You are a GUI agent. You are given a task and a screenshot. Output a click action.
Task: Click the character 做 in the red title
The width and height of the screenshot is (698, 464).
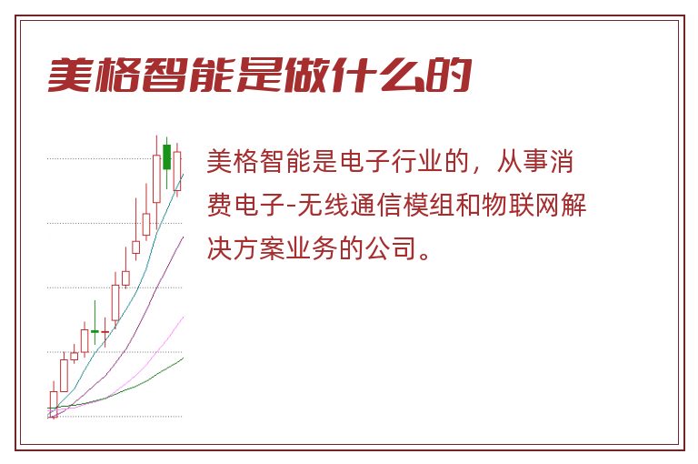pos(306,75)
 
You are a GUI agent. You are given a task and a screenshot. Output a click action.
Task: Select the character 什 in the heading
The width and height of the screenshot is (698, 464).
pos(354,75)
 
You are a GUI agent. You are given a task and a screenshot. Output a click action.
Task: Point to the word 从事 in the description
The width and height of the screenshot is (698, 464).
pos(523,161)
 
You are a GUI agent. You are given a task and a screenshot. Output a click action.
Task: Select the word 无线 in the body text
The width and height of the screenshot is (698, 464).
pos(324,205)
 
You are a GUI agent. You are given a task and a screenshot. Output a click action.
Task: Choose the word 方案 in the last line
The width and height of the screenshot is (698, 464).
pos(259,248)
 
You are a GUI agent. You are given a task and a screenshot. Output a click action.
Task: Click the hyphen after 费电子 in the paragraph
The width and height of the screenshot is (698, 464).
pos(292,207)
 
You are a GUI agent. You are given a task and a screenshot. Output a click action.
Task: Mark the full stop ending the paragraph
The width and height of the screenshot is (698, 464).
pos(425,256)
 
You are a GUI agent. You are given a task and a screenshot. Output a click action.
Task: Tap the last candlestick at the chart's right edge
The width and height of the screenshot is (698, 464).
pos(177,171)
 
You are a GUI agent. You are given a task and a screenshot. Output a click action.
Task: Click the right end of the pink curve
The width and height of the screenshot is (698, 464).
pos(183,317)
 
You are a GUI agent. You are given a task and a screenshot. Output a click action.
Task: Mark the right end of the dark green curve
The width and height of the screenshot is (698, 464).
pos(183,358)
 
